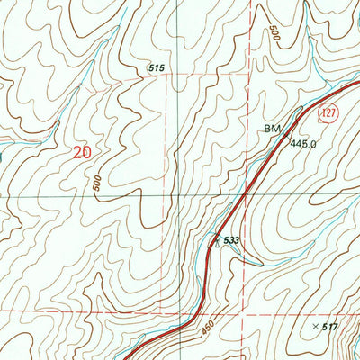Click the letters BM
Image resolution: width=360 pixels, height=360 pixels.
[x=272, y=130]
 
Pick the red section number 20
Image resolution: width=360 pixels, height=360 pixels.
[x=82, y=154]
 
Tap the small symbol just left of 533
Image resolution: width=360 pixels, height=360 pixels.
[x=216, y=240]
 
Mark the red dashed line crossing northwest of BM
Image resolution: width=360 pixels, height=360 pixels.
[x=244, y=77]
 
